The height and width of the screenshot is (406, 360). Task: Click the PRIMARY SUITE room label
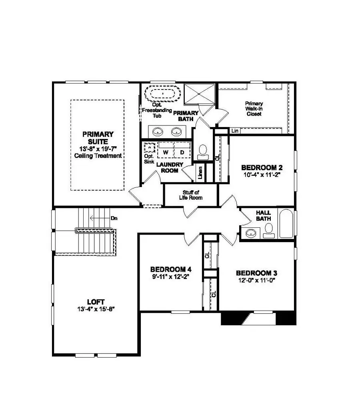(98, 138)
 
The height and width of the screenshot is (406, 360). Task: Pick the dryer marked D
(181, 152)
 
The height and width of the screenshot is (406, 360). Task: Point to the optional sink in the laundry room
(149, 148)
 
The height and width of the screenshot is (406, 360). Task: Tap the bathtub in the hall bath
(286, 224)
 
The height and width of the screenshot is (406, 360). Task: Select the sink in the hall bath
(252, 232)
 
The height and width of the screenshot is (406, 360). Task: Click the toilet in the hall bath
(269, 229)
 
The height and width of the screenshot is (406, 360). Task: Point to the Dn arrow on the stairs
(100, 218)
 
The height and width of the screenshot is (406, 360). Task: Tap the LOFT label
(98, 301)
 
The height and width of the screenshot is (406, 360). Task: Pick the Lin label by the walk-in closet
(235, 131)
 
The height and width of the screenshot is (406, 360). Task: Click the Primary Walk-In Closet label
(254, 109)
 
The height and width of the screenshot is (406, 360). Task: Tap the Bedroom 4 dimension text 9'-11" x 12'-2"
(168, 276)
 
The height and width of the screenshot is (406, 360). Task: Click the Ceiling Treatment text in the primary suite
(98, 156)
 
